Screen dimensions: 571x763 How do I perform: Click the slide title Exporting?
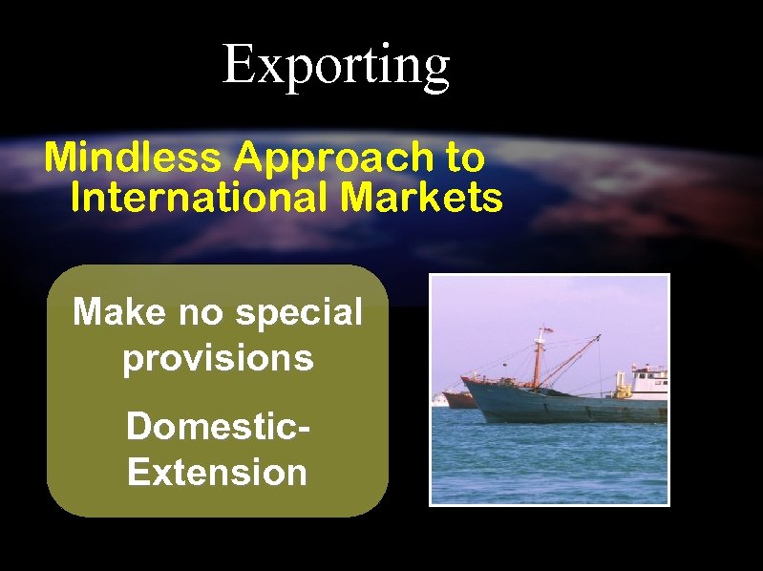pos(335,65)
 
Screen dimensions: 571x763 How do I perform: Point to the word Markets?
pos(421,199)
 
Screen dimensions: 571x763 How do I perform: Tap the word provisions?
pos(218,358)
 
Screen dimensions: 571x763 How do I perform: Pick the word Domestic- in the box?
pos(218,426)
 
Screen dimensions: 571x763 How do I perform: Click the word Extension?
pos(218,472)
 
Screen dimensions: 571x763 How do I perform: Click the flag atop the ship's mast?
pos(546,331)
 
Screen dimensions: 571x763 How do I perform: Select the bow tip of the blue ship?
pos(465,379)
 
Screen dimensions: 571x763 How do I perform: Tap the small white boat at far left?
pos(439,399)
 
